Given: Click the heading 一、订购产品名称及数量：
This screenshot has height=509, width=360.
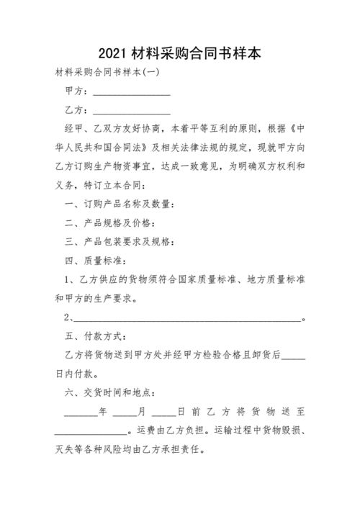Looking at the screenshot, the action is (x=118, y=204).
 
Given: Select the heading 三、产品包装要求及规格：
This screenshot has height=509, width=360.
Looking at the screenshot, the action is (x=118, y=242).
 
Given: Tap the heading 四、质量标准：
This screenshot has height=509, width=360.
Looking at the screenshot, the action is (x=95, y=261).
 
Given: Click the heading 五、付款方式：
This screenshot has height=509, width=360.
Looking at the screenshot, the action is (x=95, y=335).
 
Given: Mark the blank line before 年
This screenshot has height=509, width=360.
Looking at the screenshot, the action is (x=81, y=412).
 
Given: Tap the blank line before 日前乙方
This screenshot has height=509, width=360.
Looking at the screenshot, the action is (x=162, y=412).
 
